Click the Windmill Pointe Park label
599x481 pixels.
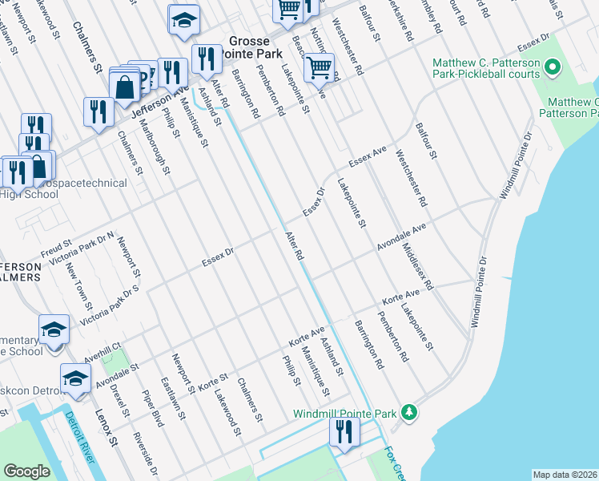[x=356, y=414]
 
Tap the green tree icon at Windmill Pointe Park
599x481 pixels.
[x=409, y=413]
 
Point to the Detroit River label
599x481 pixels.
[x=80, y=437]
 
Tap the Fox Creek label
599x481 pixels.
[x=393, y=463]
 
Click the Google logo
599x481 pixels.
[x=27, y=471]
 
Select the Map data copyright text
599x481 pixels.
[x=565, y=475]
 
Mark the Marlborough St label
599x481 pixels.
[x=156, y=147]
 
